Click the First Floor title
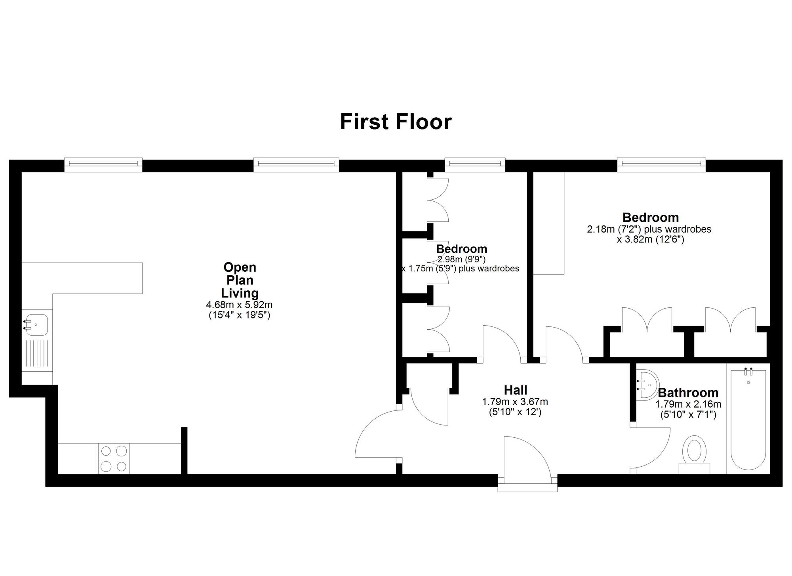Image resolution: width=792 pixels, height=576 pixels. (396, 122)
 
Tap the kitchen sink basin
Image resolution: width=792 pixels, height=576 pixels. (36, 324)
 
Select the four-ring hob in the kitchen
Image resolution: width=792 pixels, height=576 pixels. (114, 458)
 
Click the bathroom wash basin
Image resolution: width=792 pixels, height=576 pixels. (646, 384)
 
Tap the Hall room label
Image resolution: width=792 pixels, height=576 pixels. (515, 390)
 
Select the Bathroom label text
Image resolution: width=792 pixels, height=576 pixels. (688, 393)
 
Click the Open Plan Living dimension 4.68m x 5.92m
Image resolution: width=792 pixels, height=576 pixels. (239, 305)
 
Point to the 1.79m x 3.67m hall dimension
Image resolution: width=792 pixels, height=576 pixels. (515, 402)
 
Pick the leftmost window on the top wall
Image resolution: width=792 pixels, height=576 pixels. (103, 164)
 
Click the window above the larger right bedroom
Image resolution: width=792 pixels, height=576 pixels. (661, 164)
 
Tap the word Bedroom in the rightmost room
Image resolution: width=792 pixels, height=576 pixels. (650, 217)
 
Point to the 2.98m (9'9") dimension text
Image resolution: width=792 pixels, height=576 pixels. (461, 259)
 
